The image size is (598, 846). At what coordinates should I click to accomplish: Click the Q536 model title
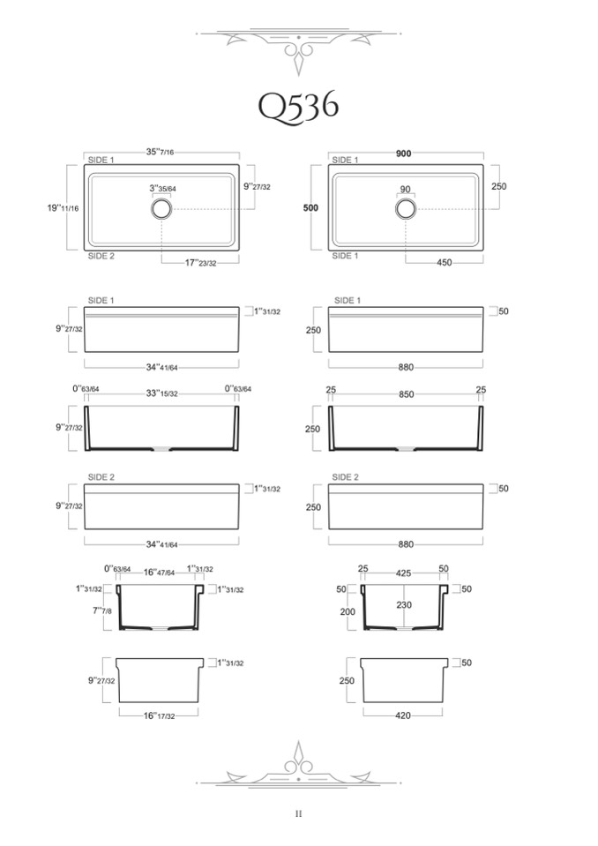tap(298, 106)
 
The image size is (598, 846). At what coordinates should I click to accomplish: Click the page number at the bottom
tap(298, 813)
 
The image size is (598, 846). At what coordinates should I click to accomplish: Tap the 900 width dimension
tap(404, 153)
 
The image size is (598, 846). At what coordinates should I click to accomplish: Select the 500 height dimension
tap(311, 207)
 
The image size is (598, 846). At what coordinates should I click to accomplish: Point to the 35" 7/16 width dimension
tap(161, 152)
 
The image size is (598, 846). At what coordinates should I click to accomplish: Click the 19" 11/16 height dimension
tap(64, 207)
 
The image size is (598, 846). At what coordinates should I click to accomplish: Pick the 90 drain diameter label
tap(406, 190)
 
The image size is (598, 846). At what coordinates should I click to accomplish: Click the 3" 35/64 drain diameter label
tap(163, 189)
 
